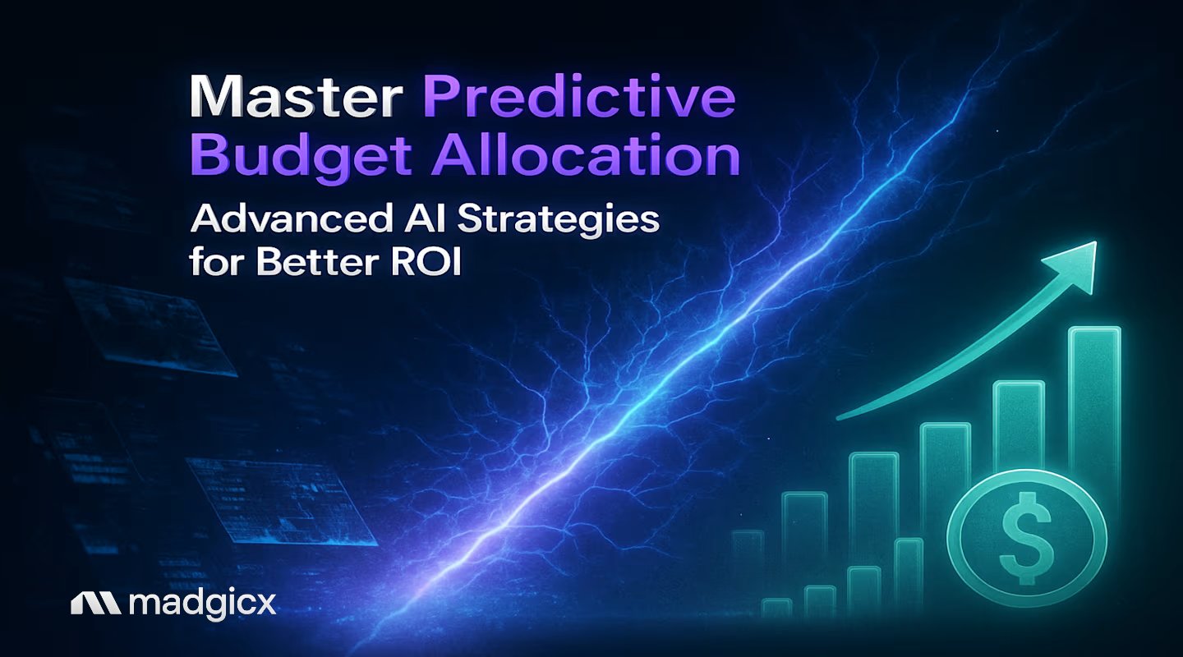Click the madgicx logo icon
(96, 604)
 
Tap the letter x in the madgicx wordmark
(265, 605)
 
